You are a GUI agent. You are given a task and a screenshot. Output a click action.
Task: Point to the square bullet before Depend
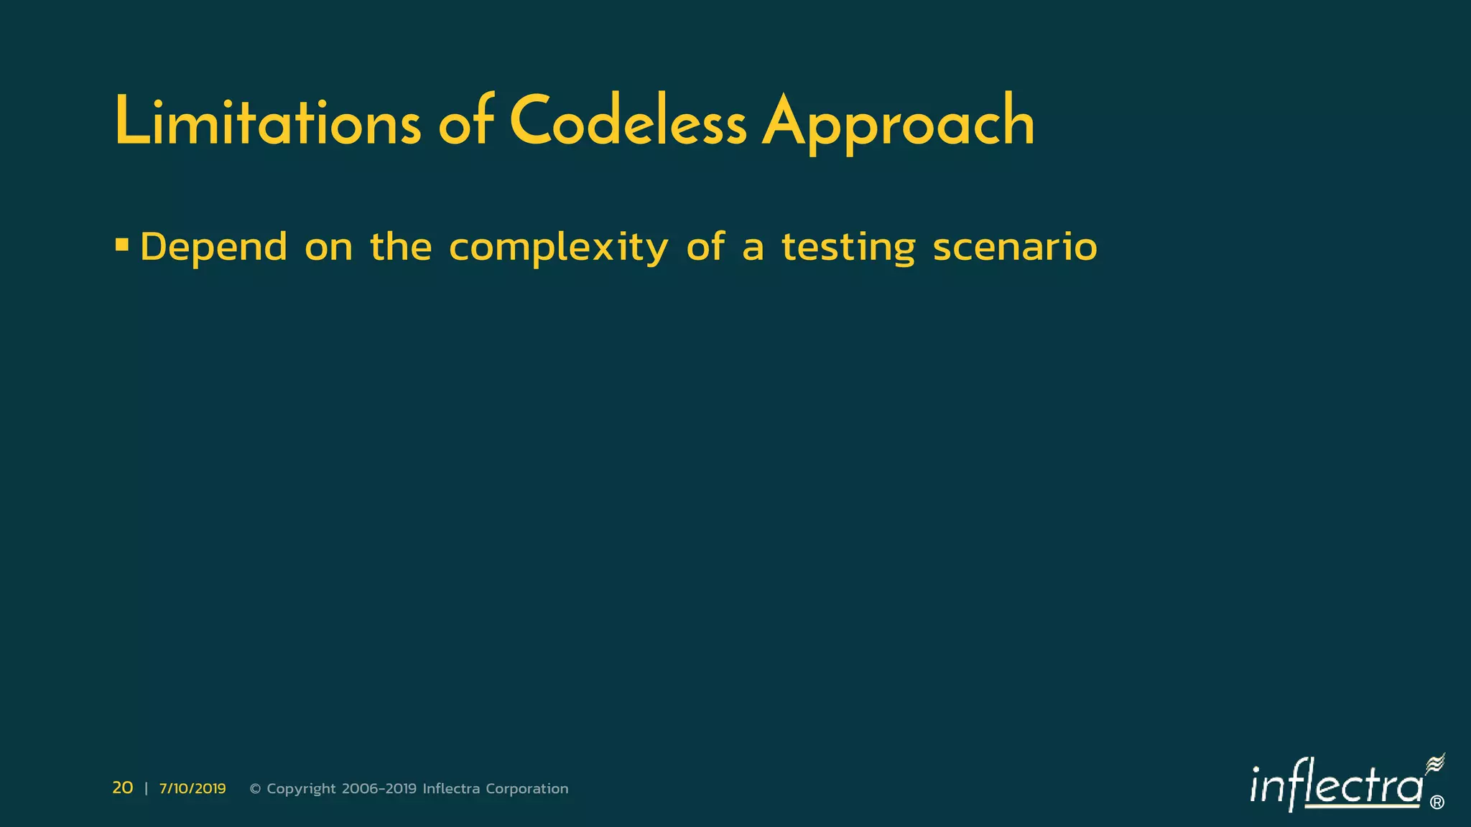(122, 246)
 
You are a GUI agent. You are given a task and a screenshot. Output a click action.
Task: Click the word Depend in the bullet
(214, 247)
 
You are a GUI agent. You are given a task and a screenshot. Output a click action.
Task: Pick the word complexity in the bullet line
(558, 248)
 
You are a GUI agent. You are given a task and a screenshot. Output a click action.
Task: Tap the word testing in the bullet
(848, 248)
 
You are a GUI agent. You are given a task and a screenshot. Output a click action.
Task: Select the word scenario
(1015, 247)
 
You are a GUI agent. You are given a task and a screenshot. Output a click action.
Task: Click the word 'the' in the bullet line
(401, 247)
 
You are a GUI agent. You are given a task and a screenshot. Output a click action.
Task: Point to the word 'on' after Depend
(328, 248)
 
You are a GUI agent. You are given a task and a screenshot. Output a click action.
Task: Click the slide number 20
(123, 788)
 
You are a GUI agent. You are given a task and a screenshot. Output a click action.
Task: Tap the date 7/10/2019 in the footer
(192, 789)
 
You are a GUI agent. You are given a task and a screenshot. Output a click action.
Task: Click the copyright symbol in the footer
(255, 789)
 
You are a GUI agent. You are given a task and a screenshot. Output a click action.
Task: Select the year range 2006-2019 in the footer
(379, 789)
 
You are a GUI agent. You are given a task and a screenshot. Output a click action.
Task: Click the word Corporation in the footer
(527, 789)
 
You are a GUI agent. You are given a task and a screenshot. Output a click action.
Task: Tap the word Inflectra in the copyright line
(451, 789)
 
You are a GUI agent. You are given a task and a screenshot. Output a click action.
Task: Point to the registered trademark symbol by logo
(1437, 803)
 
